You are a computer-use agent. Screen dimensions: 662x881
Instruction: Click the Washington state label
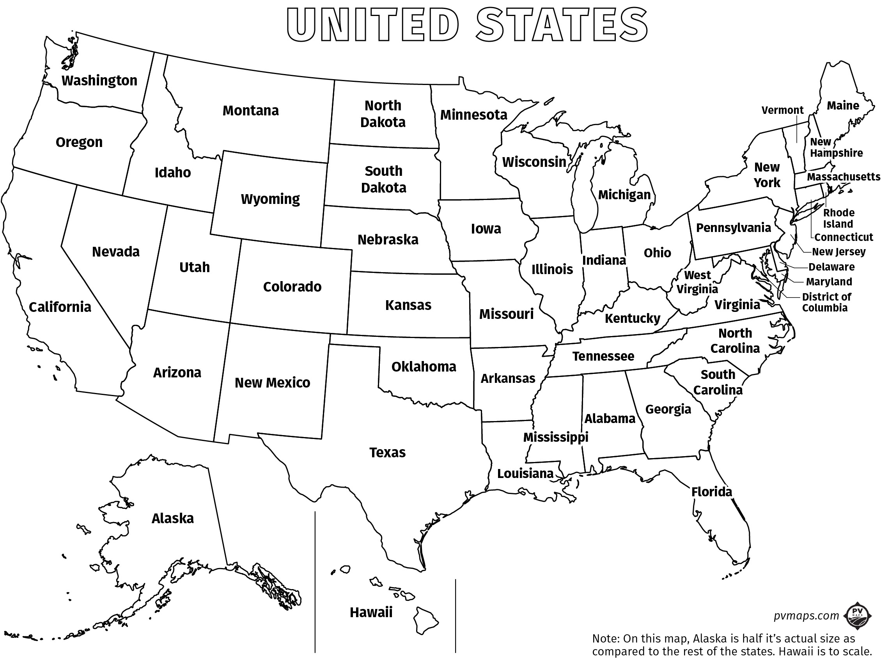point(99,80)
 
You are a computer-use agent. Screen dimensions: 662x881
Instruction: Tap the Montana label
point(250,110)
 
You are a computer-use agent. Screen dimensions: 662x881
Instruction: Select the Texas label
point(387,452)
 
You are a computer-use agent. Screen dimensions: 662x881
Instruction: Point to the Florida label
point(711,492)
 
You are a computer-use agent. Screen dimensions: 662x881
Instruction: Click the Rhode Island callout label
point(838,218)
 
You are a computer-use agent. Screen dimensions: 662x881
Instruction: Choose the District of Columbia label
point(826,302)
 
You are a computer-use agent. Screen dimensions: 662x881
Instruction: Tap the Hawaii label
point(371,612)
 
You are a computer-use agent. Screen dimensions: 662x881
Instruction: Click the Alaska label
point(172,518)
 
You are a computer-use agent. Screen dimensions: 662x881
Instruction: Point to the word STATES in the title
point(562,25)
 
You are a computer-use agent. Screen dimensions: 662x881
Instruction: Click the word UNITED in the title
point(372,25)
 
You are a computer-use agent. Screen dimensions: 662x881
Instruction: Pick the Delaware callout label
point(831,267)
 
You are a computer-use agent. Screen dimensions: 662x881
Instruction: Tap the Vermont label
point(782,110)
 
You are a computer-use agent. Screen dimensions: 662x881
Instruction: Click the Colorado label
point(292,287)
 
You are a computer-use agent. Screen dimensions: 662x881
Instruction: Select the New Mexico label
point(272,382)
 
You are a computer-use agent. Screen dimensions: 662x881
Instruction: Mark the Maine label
point(843,106)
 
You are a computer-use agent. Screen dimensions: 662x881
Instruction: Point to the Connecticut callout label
point(843,237)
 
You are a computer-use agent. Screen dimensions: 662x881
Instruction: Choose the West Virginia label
point(697,282)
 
